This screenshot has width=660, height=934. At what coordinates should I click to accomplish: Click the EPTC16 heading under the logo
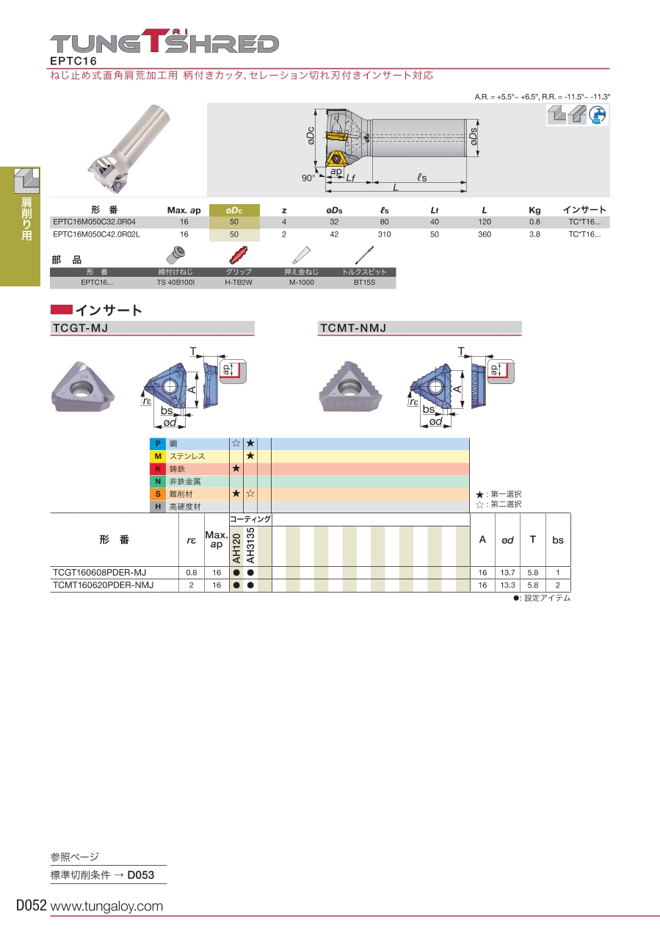[x=73, y=61]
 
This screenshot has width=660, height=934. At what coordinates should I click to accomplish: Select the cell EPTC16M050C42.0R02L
[x=96, y=234]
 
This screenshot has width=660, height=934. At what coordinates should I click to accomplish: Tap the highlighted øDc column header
[x=234, y=210]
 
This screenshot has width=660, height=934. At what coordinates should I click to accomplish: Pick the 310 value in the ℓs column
[x=384, y=234]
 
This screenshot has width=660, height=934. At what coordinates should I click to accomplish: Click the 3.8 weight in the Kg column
[x=534, y=234]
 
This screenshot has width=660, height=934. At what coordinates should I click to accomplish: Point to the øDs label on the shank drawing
[x=474, y=137]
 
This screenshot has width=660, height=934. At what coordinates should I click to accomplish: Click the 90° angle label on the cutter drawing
[x=308, y=178]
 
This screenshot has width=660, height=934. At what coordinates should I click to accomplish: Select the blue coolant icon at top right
[x=598, y=115]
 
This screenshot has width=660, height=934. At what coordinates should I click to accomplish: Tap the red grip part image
[x=238, y=255]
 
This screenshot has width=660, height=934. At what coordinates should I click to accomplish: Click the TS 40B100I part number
[x=175, y=282]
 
